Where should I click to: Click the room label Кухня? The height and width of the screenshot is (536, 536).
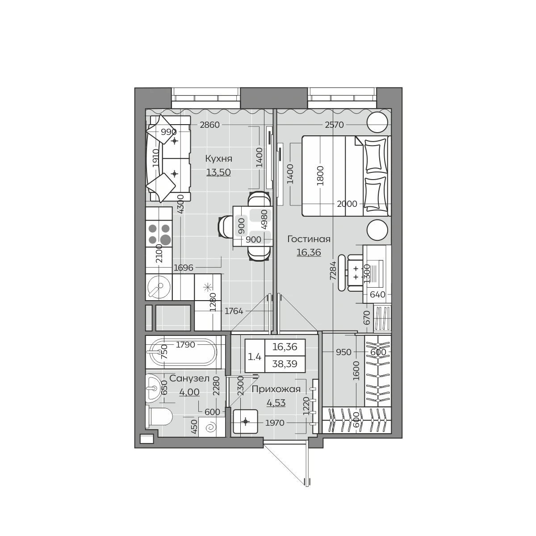pos(218,159)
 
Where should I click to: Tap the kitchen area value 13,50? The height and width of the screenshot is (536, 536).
pos(218,172)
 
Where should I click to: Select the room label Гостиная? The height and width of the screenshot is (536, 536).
pos(309,239)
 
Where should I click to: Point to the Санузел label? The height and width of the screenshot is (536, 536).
pos(189,379)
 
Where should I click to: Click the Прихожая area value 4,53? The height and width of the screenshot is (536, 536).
pos(276,403)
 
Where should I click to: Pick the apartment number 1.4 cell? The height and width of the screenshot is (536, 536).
pos(255,356)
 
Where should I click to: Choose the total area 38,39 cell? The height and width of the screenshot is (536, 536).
pos(285,364)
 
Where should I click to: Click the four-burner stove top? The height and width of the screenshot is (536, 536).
pos(159,234)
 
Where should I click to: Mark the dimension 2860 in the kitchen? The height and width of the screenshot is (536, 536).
pos(210,125)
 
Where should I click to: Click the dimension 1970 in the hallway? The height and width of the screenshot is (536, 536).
pos(275,423)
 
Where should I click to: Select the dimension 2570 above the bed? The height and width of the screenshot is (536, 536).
pos(335,125)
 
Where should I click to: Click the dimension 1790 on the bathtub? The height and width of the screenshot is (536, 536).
pos(185,345)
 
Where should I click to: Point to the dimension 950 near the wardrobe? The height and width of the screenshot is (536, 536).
pos(343,352)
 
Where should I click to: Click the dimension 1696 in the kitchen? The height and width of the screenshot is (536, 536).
pos(183,268)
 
